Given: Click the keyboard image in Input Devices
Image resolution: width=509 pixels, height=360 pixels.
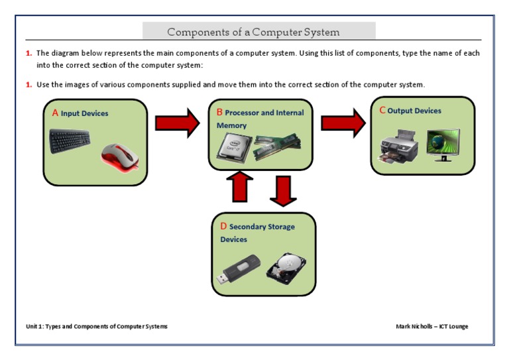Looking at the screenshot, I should click(72, 142).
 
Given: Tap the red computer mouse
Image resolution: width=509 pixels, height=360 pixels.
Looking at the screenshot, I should click(120, 158).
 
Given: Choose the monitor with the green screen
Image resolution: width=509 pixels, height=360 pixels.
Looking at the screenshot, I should click(443, 145).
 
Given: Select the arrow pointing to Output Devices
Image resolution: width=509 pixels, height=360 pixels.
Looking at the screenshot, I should click(343, 123).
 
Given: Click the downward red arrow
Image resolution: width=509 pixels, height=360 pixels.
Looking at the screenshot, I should click(283, 190).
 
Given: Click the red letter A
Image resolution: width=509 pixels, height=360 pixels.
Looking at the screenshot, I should click(56, 113).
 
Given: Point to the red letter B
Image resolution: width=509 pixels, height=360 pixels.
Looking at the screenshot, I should click(219, 113).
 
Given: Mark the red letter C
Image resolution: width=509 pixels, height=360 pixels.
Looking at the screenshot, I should click(382, 110).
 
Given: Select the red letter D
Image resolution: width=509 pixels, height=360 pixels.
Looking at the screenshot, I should click(223, 226).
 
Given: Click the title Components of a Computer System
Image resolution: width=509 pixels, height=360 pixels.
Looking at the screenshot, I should click(253, 32).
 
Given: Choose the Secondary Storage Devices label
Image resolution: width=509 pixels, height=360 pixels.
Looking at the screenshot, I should click(258, 233).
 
